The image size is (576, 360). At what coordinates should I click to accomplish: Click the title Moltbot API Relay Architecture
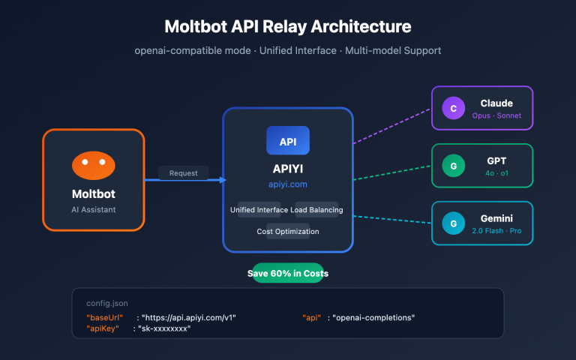(x=288, y=26)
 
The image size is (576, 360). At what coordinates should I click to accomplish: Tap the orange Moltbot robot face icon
(x=93, y=165)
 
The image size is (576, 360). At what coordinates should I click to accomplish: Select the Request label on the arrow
(x=183, y=173)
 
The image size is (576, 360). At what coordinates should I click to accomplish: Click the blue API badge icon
(x=288, y=141)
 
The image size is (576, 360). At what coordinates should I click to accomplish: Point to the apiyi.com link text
(x=288, y=184)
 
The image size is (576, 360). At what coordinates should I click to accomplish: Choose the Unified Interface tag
(x=262, y=210)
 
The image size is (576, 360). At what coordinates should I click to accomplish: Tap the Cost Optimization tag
(x=288, y=231)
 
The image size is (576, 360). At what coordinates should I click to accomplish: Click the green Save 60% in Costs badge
(x=288, y=274)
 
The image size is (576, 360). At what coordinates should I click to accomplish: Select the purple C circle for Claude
(x=452, y=109)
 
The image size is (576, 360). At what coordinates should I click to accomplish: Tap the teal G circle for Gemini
(x=452, y=223)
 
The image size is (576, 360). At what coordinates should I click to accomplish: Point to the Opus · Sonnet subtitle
(x=496, y=115)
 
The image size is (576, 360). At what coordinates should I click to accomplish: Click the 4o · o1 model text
(x=496, y=173)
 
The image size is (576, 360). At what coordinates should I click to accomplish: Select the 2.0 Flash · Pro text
(x=496, y=230)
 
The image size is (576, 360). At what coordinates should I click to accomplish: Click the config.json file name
(x=107, y=304)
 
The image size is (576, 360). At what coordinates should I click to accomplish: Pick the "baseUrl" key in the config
(x=105, y=317)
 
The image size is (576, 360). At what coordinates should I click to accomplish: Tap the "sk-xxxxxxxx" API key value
(x=164, y=328)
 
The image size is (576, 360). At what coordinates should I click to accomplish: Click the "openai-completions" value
(x=373, y=317)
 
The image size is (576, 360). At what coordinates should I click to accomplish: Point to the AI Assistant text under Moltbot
(x=93, y=209)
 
